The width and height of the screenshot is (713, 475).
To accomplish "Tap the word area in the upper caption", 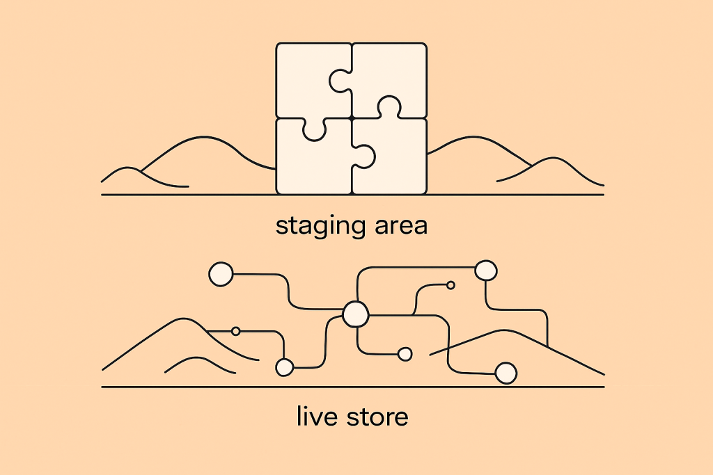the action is click(x=401, y=226).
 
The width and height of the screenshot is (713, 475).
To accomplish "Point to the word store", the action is click(x=377, y=417).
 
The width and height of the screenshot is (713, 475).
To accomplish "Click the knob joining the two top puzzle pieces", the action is click(x=339, y=81).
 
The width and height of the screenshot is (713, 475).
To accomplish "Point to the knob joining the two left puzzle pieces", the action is click(x=314, y=130).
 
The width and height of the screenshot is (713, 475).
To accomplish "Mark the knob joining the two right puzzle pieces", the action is click(x=390, y=107).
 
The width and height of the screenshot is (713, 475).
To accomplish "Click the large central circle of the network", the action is click(x=356, y=314).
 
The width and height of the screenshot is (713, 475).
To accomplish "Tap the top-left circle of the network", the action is click(x=221, y=274).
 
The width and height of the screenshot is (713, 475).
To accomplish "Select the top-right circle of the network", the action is click(x=486, y=271).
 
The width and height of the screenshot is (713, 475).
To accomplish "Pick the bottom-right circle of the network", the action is click(x=506, y=373).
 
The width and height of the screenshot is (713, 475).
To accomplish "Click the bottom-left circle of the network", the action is click(x=285, y=367).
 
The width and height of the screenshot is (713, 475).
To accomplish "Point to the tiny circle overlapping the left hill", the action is click(x=235, y=331).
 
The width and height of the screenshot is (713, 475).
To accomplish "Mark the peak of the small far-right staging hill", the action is click(x=553, y=158).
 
